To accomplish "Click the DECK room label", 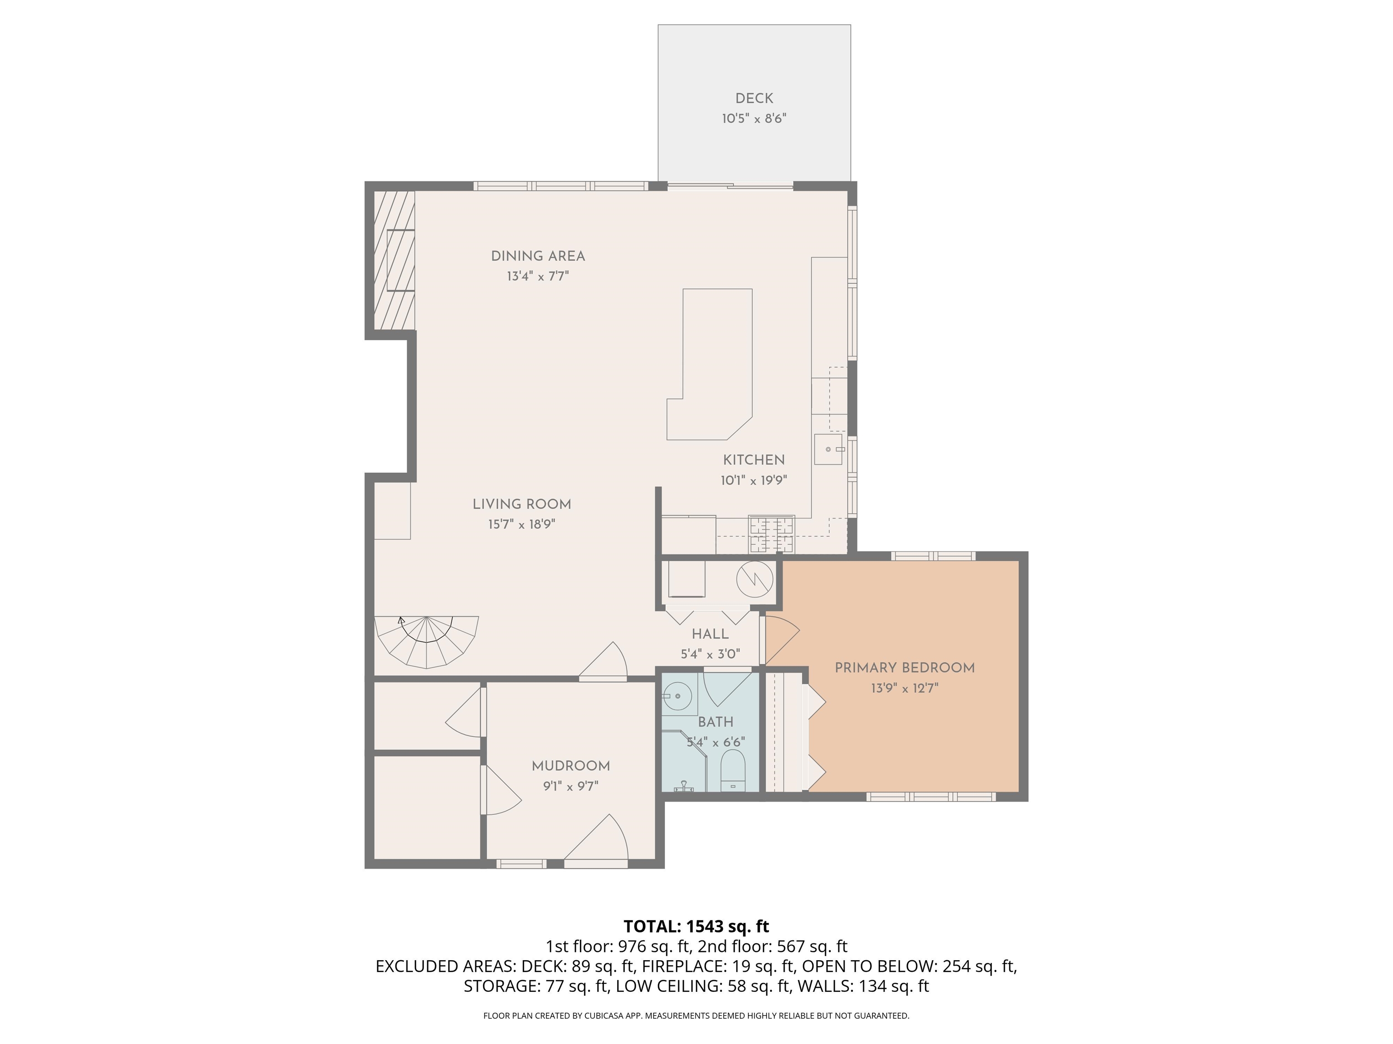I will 754,98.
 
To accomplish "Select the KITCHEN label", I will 753,460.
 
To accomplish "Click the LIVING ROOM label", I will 521,504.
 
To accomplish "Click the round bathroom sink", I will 677,696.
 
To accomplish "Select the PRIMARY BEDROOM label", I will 904,668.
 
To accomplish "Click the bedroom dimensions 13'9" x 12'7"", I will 904,688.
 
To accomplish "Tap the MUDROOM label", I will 570,766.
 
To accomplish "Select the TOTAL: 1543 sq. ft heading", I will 696,926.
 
